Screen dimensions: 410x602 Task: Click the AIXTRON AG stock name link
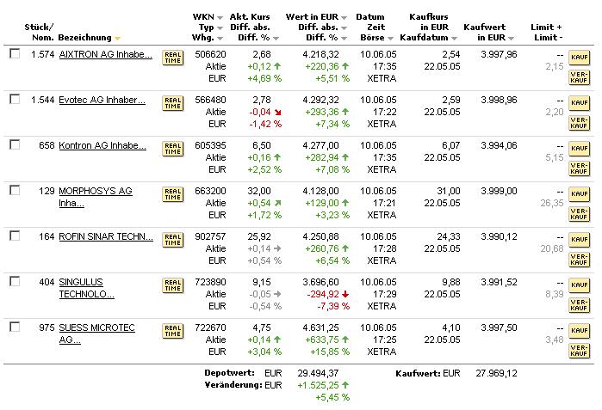click(x=105, y=54)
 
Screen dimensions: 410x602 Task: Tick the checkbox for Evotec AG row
click(x=15, y=99)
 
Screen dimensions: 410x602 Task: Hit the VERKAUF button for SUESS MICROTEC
click(x=579, y=350)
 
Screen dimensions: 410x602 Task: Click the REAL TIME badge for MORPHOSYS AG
click(x=173, y=194)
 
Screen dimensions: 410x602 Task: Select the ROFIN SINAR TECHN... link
click(x=105, y=236)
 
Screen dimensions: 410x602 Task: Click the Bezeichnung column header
click(x=85, y=38)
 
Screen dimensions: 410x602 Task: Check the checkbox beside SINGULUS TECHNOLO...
click(x=15, y=281)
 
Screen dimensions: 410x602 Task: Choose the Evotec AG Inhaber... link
click(x=102, y=100)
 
